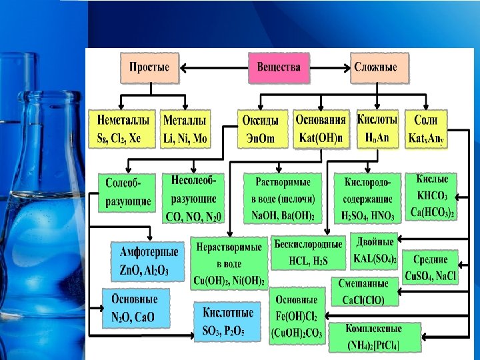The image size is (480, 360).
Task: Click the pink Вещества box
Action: [x=279, y=68]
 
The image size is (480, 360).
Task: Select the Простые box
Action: [x=149, y=68]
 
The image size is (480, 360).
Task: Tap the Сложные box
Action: [x=379, y=68]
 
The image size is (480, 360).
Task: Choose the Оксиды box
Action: [x=263, y=128]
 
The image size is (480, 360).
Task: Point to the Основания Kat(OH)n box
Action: [x=321, y=128]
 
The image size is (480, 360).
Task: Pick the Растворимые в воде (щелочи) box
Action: [x=283, y=199]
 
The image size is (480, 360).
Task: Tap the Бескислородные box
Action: [x=308, y=251]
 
